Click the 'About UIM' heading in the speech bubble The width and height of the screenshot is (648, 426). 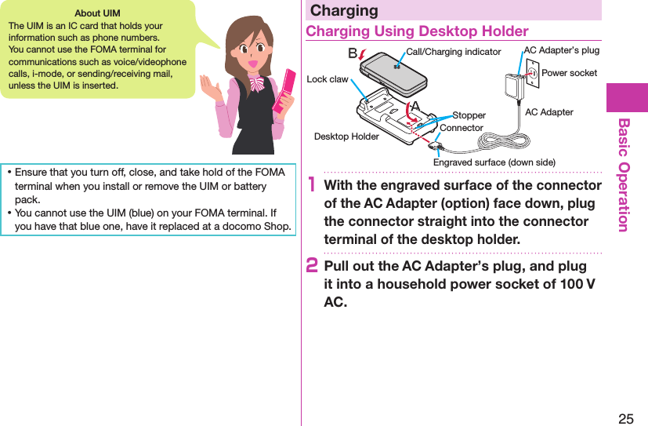point(96,13)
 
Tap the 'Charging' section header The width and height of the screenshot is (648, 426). point(344,11)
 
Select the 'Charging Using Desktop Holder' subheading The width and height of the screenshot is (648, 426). point(417,31)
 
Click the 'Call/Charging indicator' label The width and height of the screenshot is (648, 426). point(453,52)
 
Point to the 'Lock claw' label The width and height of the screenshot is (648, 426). point(328,79)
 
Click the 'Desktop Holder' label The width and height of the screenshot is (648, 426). point(346,137)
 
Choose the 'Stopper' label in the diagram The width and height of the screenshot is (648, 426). point(469,115)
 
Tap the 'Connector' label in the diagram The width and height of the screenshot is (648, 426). point(462,127)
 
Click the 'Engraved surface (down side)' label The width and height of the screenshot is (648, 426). point(494,162)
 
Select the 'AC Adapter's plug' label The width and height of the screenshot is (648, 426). point(561,50)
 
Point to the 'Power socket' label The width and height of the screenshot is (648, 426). point(569,73)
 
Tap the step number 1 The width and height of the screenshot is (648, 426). point(313,187)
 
